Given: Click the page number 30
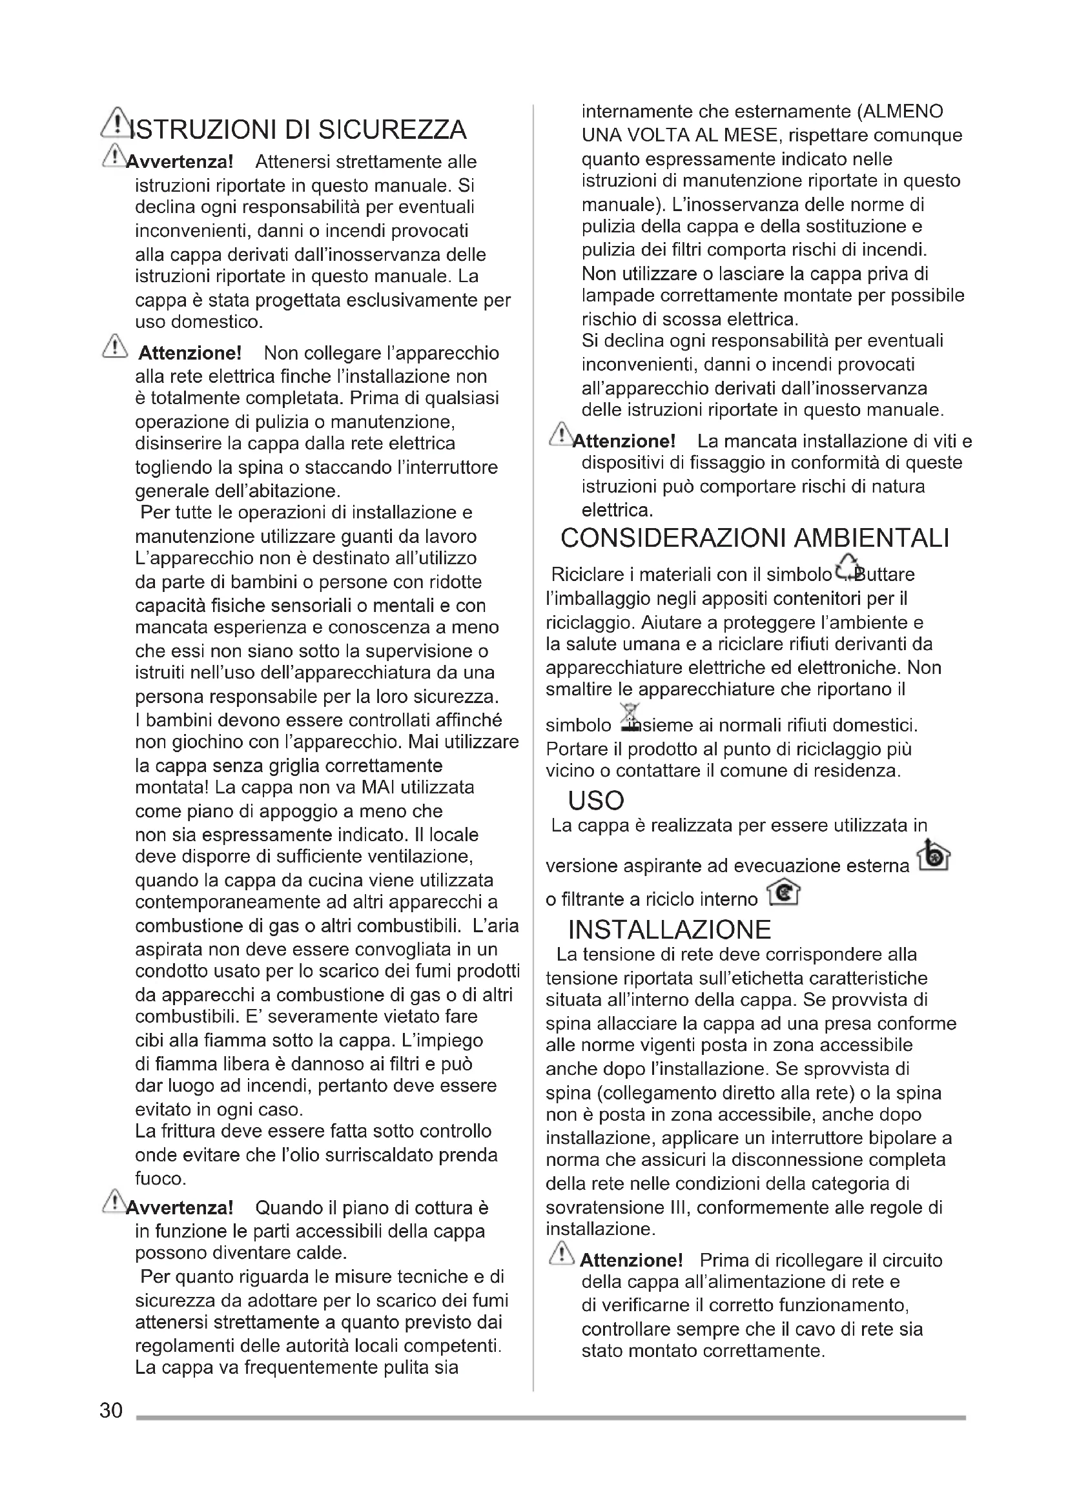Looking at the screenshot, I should click(x=110, y=1410).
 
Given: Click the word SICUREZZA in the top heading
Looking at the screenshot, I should click(x=392, y=130).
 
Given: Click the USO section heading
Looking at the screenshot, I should click(x=596, y=801).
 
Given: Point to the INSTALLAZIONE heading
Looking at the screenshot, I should click(x=670, y=929).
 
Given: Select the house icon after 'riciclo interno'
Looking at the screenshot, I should click(x=784, y=892).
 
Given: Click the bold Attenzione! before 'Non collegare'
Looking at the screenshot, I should click(x=189, y=353).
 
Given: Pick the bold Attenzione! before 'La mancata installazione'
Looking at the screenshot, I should click(x=624, y=441).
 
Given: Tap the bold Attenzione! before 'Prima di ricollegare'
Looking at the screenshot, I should click(x=632, y=1260).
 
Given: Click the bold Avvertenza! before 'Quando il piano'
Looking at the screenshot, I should click(x=180, y=1207).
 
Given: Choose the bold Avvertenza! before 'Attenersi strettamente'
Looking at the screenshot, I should click(x=180, y=161).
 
